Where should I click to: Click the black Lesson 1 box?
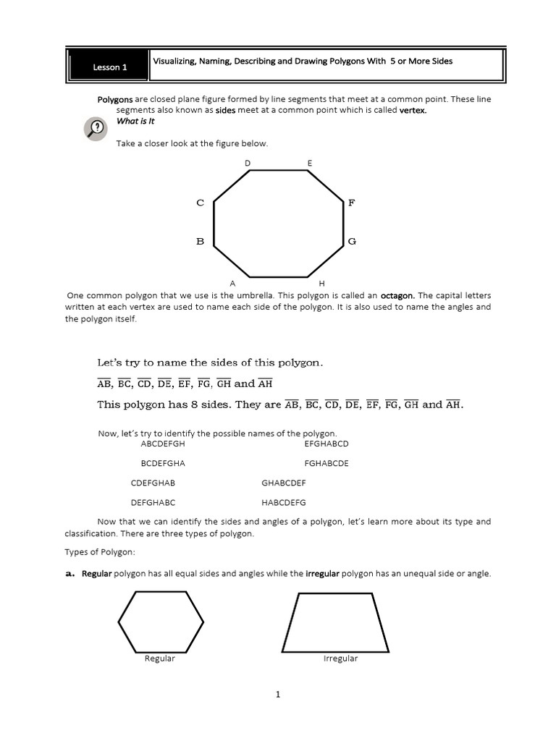pos(109,67)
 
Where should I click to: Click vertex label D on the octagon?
pos(248,164)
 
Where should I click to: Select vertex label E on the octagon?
pos(310,164)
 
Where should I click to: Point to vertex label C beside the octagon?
pos(201,203)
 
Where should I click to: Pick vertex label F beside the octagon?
pos(352,203)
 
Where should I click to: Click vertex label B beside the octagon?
pos(201,241)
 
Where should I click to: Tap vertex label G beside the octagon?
pos(352,241)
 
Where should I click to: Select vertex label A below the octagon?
pos(232,283)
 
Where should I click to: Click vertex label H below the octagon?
pos(321,283)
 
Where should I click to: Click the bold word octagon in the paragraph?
pos(397,295)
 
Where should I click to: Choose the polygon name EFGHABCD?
pos(327,444)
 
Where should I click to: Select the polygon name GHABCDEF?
pos(283,483)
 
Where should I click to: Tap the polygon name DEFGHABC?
pos(153,502)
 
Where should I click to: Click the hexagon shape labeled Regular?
pos(161,622)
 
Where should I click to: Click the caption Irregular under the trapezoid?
pos(340,659)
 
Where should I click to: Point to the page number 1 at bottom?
pos(277,695)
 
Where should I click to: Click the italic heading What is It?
pos(135,122)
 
